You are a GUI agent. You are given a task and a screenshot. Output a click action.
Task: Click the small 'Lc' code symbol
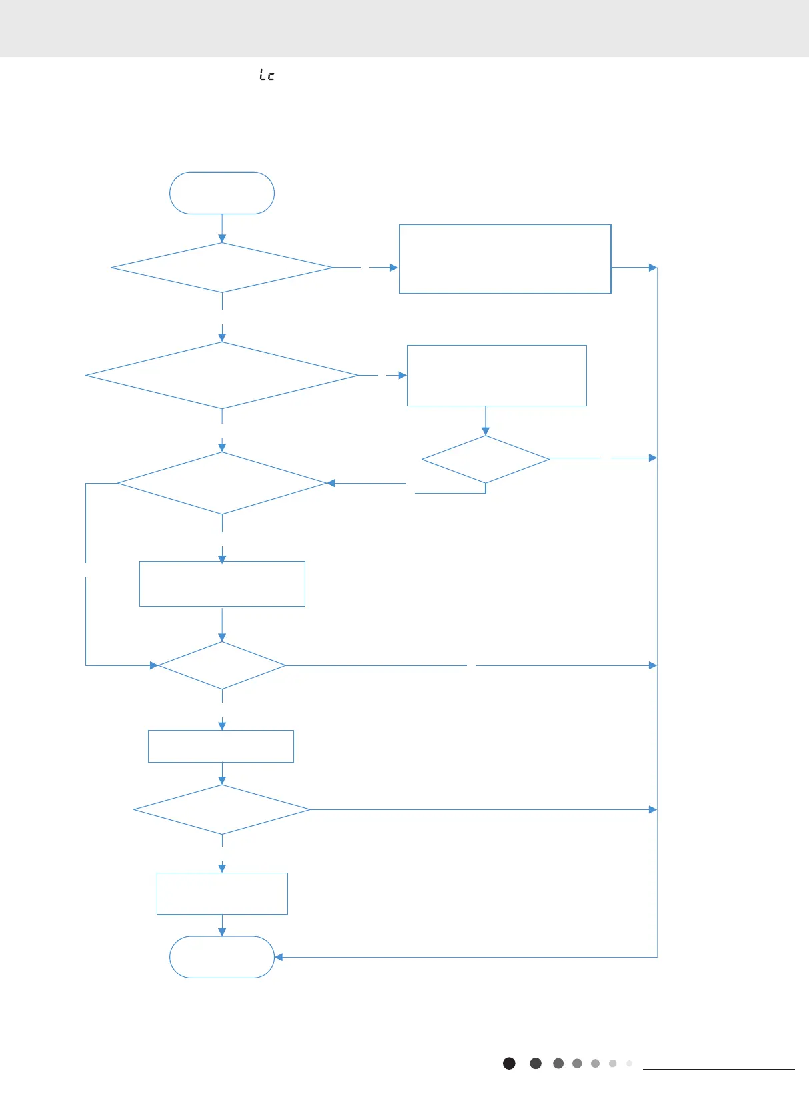(267, 75)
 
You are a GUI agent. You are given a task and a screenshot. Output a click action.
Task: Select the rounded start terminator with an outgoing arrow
(222, 193)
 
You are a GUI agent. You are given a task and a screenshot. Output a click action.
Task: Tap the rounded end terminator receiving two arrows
(222, 957)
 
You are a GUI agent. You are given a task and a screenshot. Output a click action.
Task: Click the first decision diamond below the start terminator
(222, 268)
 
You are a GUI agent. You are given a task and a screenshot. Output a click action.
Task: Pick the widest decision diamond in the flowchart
(222, 376)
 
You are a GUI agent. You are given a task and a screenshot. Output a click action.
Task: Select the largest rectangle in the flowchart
(505, 259)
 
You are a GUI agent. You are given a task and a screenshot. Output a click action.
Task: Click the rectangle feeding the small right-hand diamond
(496, 376)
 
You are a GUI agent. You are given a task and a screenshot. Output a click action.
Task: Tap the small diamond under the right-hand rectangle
(486, 459)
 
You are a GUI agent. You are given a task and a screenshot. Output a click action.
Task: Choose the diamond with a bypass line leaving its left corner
(222, 483)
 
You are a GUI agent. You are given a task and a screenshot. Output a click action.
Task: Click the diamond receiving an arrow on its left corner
(222, 665)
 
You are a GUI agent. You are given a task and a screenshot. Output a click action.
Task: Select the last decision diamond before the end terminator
(222, 809)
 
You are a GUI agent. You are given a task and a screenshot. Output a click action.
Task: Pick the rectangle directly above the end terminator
(222, 893)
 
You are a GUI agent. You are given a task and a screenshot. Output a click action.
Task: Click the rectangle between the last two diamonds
(221, 746)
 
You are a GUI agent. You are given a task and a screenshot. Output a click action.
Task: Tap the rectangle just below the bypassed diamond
(222, 584)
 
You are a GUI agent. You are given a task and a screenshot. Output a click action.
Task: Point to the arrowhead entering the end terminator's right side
(279, 957)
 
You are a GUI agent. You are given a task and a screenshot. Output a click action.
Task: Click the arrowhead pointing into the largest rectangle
(394, 268)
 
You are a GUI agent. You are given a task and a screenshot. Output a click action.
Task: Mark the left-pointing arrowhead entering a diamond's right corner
(331, 483)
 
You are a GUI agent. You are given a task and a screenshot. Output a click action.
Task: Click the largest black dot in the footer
(509, 1063)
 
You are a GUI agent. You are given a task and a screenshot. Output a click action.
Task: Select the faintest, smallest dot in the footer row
(629, 1063)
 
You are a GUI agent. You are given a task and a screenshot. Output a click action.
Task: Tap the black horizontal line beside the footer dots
(719, 1070)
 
